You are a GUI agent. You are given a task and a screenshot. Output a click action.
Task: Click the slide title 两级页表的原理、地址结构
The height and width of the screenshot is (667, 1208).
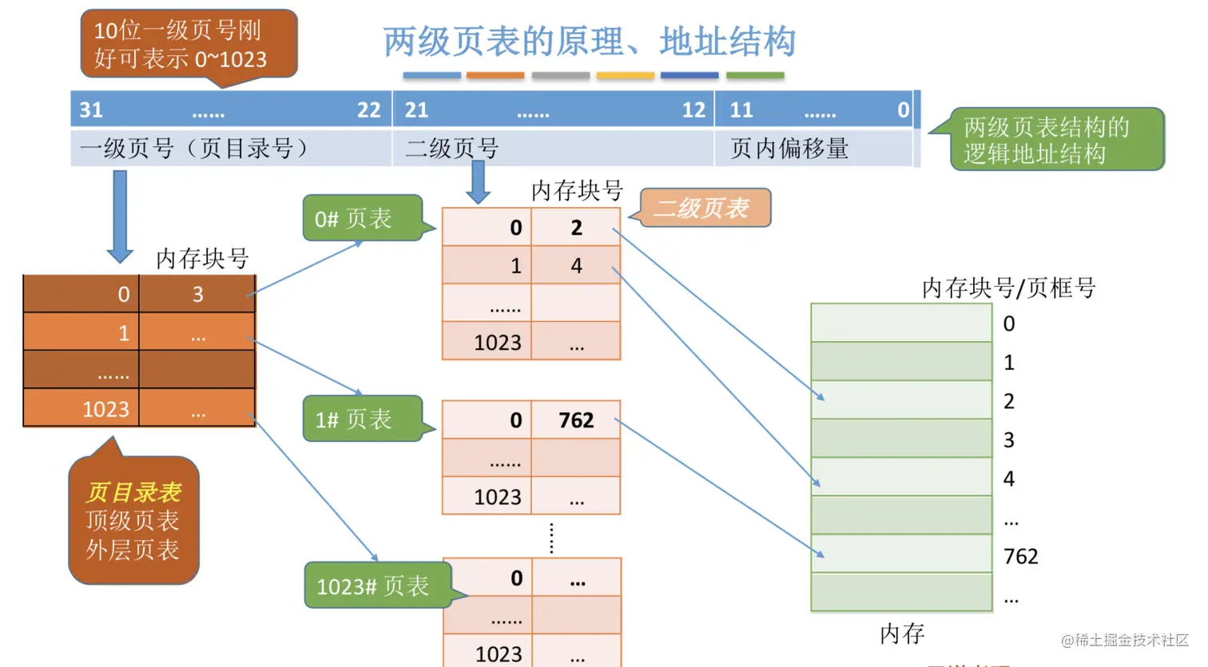pos(589,42)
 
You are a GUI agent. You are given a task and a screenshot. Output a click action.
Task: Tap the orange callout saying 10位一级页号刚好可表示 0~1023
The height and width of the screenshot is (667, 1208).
pos(189,44)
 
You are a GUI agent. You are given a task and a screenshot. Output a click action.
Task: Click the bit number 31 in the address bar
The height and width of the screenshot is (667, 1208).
pos(91,109)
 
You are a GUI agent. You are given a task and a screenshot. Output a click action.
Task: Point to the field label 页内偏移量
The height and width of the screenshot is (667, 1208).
pos(789,149)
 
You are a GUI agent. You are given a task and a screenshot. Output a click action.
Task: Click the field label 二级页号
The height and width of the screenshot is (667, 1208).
pos(452,149)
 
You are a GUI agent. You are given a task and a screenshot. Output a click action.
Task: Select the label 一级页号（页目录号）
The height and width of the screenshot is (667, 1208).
pos(193,149)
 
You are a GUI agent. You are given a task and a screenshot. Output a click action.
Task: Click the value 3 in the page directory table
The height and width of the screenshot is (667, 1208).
pos(197,295)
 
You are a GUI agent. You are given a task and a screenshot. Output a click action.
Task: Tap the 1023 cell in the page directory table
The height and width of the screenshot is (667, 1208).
pos(105,410)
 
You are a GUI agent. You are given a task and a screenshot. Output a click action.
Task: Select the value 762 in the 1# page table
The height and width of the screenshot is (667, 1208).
pos(576,420)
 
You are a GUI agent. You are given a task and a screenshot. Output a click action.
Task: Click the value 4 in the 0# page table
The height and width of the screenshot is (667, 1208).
pos(576,266)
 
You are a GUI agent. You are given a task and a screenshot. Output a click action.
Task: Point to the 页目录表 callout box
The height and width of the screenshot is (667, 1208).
pos(133,521)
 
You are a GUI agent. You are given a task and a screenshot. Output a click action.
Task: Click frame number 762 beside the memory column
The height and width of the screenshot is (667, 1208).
pos(1020,556)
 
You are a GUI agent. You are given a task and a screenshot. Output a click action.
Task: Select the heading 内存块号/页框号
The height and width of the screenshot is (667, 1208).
pos(1008,288)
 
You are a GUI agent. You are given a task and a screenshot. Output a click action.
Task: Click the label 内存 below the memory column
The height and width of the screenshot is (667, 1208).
pos(902,634)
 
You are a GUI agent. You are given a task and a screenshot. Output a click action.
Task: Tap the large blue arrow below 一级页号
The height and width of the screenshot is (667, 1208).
pos(120,216)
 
